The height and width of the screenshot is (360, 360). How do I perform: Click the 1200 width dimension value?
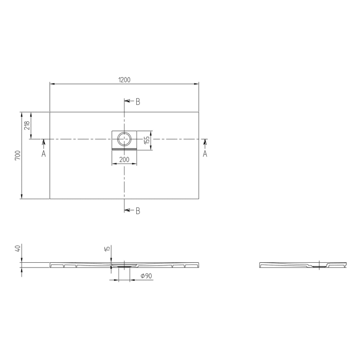pyautogui.click(x=124, y=80)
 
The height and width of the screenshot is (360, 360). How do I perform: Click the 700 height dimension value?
pyautogui.click(x=17, y=155)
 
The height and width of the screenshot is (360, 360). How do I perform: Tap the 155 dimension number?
pyautogui.click(x=147, y=140)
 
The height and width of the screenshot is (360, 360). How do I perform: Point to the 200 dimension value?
pyautogui.click(x=124, y=159)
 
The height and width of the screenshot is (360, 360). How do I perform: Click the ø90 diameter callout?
pyautogui.click(x=147, y=277)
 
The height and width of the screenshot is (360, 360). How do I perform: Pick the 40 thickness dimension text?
pyautogui.click(x=18, y=248)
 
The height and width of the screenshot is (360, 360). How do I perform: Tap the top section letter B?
pyautogui.click(x=138, y=102)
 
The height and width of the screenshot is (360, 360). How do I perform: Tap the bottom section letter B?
pyautogui.click(x=138, y=211)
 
